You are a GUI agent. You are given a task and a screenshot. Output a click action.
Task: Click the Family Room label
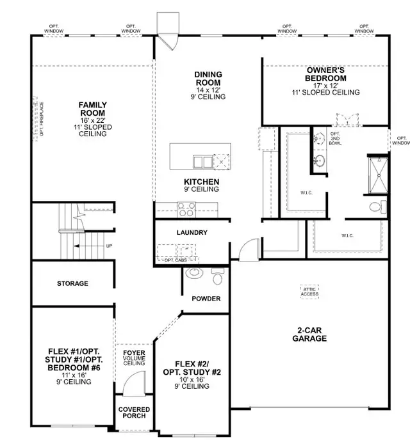pos(92,109)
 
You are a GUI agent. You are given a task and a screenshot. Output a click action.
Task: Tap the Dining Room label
pos(208,79)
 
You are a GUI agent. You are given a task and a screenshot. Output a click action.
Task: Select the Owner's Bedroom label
pos(325,74)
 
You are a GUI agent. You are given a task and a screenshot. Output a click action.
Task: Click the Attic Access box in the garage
pos(309,292)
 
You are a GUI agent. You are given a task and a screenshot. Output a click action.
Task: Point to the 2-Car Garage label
pos(309,334)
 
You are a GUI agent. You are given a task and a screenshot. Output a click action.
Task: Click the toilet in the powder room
pos(218,276)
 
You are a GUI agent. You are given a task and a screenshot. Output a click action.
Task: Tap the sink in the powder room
pos(194,272)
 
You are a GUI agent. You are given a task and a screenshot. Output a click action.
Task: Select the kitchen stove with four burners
pos(186,209)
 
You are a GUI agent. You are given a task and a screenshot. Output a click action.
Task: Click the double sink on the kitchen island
pos(202,162)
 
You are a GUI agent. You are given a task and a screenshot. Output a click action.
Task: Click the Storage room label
pos(72,283)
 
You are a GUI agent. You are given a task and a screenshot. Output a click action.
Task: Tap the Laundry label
pos(192,232)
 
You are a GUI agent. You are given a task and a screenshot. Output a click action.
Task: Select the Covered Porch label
pos(134,412)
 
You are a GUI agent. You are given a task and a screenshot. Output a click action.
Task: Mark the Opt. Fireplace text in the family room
pos(42,119)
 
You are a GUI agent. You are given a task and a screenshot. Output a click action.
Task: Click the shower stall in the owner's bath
pos(378,175)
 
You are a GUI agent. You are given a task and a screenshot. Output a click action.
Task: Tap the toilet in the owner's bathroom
pos(378,207)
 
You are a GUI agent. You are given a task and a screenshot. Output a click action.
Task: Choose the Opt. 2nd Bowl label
pos(335,139)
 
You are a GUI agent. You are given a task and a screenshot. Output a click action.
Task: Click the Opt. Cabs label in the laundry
pos(176,260)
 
